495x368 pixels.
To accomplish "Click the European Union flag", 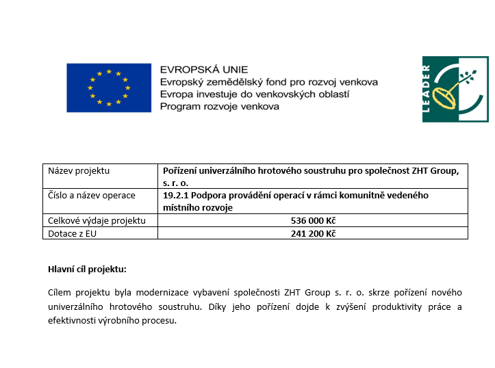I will [108, 88].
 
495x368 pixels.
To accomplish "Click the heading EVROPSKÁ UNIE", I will [203, 70].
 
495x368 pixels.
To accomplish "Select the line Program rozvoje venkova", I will [219, 106].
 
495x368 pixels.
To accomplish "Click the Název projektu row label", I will [79, 171].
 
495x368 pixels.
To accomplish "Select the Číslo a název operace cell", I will [92, 196].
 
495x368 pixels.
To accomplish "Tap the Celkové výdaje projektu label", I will [97, 221].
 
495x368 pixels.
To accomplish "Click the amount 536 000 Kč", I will [313, 221].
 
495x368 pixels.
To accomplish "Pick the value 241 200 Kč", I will [313, 233].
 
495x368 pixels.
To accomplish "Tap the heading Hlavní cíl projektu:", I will [87, 269].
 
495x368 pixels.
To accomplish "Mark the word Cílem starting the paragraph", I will [60, 293].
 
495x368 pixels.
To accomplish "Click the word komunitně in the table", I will [358, 196].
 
